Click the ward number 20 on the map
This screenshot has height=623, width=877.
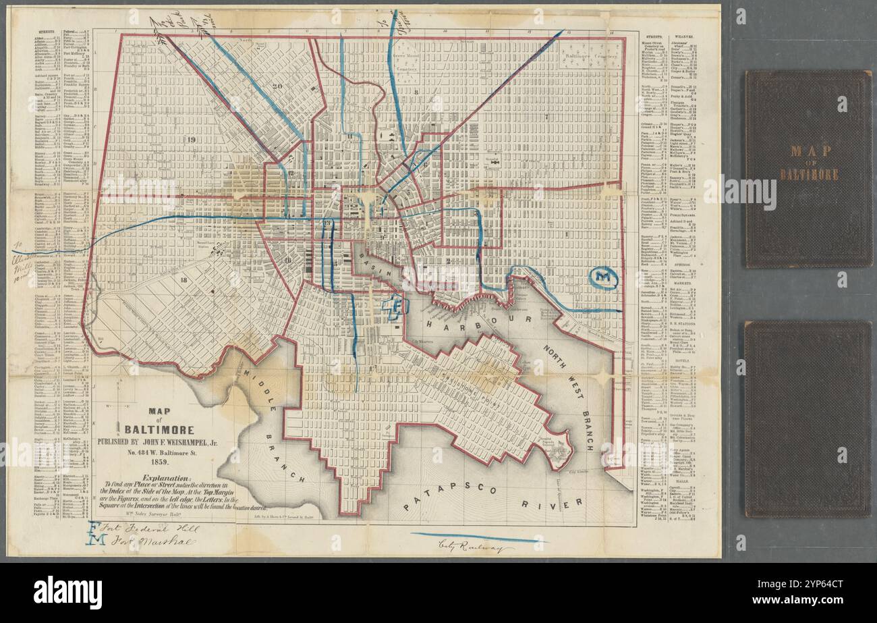pyautogui.click(x=276, y=86)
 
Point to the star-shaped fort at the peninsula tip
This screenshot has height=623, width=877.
pyautogui.click(x=559, y=455)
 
